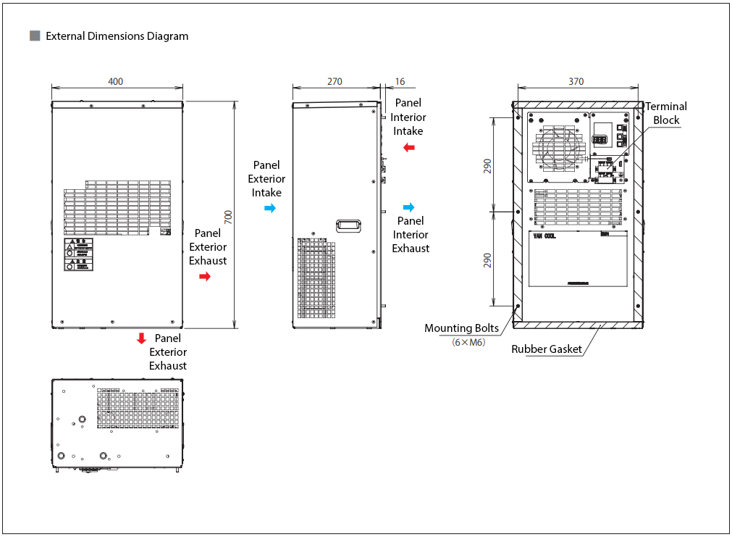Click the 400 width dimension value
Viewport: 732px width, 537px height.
[x=115, y=81]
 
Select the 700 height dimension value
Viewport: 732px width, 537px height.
[x=227, y=216]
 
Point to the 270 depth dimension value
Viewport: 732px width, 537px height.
[x=335, y=81]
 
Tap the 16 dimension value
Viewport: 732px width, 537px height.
[x=400, y=81]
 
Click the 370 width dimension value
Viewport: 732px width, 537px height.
[x=576, y=81]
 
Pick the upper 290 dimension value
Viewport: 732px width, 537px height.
[x=487, y=166]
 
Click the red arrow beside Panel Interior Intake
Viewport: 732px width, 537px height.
[x=409, y=148]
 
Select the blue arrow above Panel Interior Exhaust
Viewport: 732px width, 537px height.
[x=409, y=207]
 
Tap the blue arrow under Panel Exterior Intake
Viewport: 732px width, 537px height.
[x=269, y=208]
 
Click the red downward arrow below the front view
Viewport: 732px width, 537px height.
[x=142, y=338]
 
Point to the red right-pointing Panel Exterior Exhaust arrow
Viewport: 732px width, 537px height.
[x=205, y=276]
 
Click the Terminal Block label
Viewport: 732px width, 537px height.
[x=666, y=113]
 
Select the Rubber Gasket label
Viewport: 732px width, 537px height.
[x=547, y=349]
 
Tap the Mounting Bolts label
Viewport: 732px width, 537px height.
[x=461, y=328]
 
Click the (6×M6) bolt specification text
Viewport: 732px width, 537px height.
[x=468, y=342]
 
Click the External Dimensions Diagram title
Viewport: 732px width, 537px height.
[x=117, y=36]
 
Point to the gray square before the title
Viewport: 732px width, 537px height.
[x=34, y=36]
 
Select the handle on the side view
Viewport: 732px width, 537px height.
[x=348, y=226]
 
